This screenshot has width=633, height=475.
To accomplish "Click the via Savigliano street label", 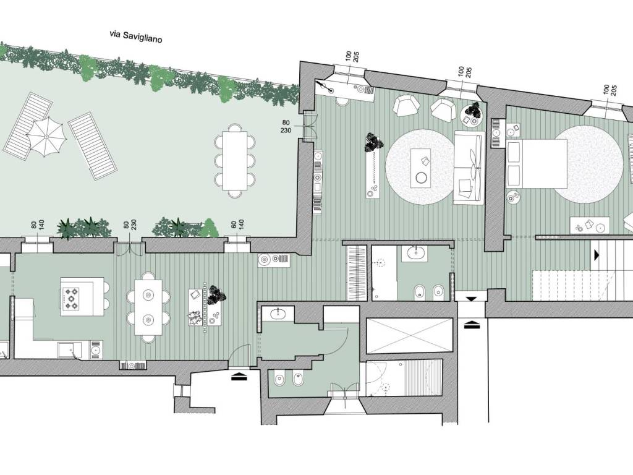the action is coord(136,36).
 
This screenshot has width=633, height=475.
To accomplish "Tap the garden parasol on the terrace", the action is coord(46,137).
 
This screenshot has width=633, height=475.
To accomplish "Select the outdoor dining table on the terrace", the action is coord(235,161).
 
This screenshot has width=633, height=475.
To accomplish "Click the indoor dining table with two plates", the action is coord(148,307).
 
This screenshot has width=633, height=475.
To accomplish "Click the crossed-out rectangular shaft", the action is coord(408,335).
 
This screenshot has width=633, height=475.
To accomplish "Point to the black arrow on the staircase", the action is coord(597,254).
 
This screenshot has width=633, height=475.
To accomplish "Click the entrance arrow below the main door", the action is coord(239,377).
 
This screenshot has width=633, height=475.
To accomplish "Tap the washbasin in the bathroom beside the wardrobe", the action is coord(416,253).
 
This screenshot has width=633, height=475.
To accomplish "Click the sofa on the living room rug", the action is coord(469,168).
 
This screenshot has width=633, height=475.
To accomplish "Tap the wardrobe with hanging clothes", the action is coord(357,272).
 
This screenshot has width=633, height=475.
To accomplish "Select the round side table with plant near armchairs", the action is coord(472,114).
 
